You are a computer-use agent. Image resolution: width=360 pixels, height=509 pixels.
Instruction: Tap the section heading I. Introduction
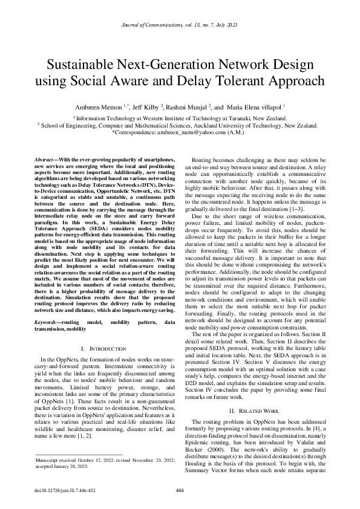(103, 349)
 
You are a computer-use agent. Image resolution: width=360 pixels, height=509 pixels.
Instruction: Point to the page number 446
(180, 490)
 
